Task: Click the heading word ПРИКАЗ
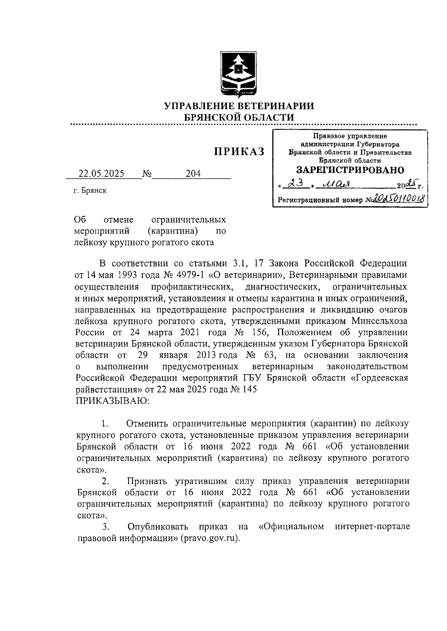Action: tap(239, 152)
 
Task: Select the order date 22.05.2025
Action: tap(101, 174)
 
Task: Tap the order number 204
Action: tap(193, 174)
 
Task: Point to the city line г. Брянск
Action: tap(90, 191)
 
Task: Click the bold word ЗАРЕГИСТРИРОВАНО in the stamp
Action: tap(350, 170)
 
